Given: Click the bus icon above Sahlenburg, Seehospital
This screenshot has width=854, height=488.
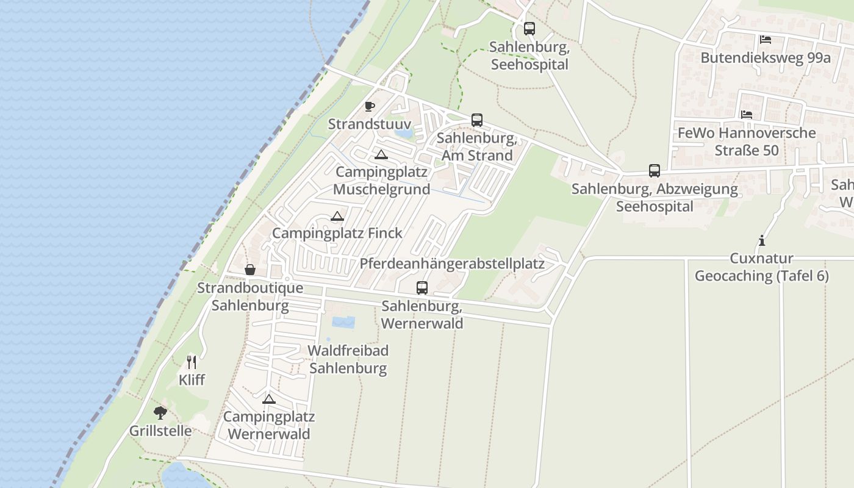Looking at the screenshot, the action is [x=529, y=28].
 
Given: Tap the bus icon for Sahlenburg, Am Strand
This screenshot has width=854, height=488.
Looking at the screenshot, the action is [x=476, y=120].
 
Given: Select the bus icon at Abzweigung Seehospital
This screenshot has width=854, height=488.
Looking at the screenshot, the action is [x=654, y=170].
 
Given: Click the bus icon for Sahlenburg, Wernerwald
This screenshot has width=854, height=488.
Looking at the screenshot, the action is [x=422, y=287].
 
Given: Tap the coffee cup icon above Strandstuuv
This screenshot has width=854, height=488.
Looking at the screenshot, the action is [x=369, y=106].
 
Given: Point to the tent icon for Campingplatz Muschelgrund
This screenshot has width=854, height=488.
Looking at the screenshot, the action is [x=381, y=154].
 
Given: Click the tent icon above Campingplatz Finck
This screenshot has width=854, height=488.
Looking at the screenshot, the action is [x=337, y=216].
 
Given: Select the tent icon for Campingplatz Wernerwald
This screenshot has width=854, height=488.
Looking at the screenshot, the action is [x=268, y=399].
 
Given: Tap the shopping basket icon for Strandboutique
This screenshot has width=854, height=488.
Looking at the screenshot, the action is [x=250, y=270].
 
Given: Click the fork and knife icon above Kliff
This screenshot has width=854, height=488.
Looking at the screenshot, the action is [x=192, y=362].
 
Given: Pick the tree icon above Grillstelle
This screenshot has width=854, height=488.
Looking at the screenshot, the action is [x=160, y=413].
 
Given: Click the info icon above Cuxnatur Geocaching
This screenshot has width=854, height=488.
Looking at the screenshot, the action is [x=761, y=240].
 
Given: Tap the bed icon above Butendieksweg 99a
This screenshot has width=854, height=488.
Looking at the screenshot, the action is [x=765, y=40].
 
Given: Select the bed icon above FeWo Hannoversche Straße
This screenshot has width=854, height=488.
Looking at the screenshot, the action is [x=746, y=115].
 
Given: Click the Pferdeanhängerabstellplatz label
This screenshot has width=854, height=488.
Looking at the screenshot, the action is [x=452, y=264].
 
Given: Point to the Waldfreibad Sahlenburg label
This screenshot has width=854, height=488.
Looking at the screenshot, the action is [x=348, y=359].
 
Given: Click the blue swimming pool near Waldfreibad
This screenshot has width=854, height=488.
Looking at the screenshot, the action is [x=343, y=322].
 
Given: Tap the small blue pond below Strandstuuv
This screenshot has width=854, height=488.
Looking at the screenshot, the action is [x=403, y=132].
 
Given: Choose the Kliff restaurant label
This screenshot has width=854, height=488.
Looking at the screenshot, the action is [x=192, y=380].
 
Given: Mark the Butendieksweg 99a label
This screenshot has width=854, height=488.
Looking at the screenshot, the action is [x=766, y=58].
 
